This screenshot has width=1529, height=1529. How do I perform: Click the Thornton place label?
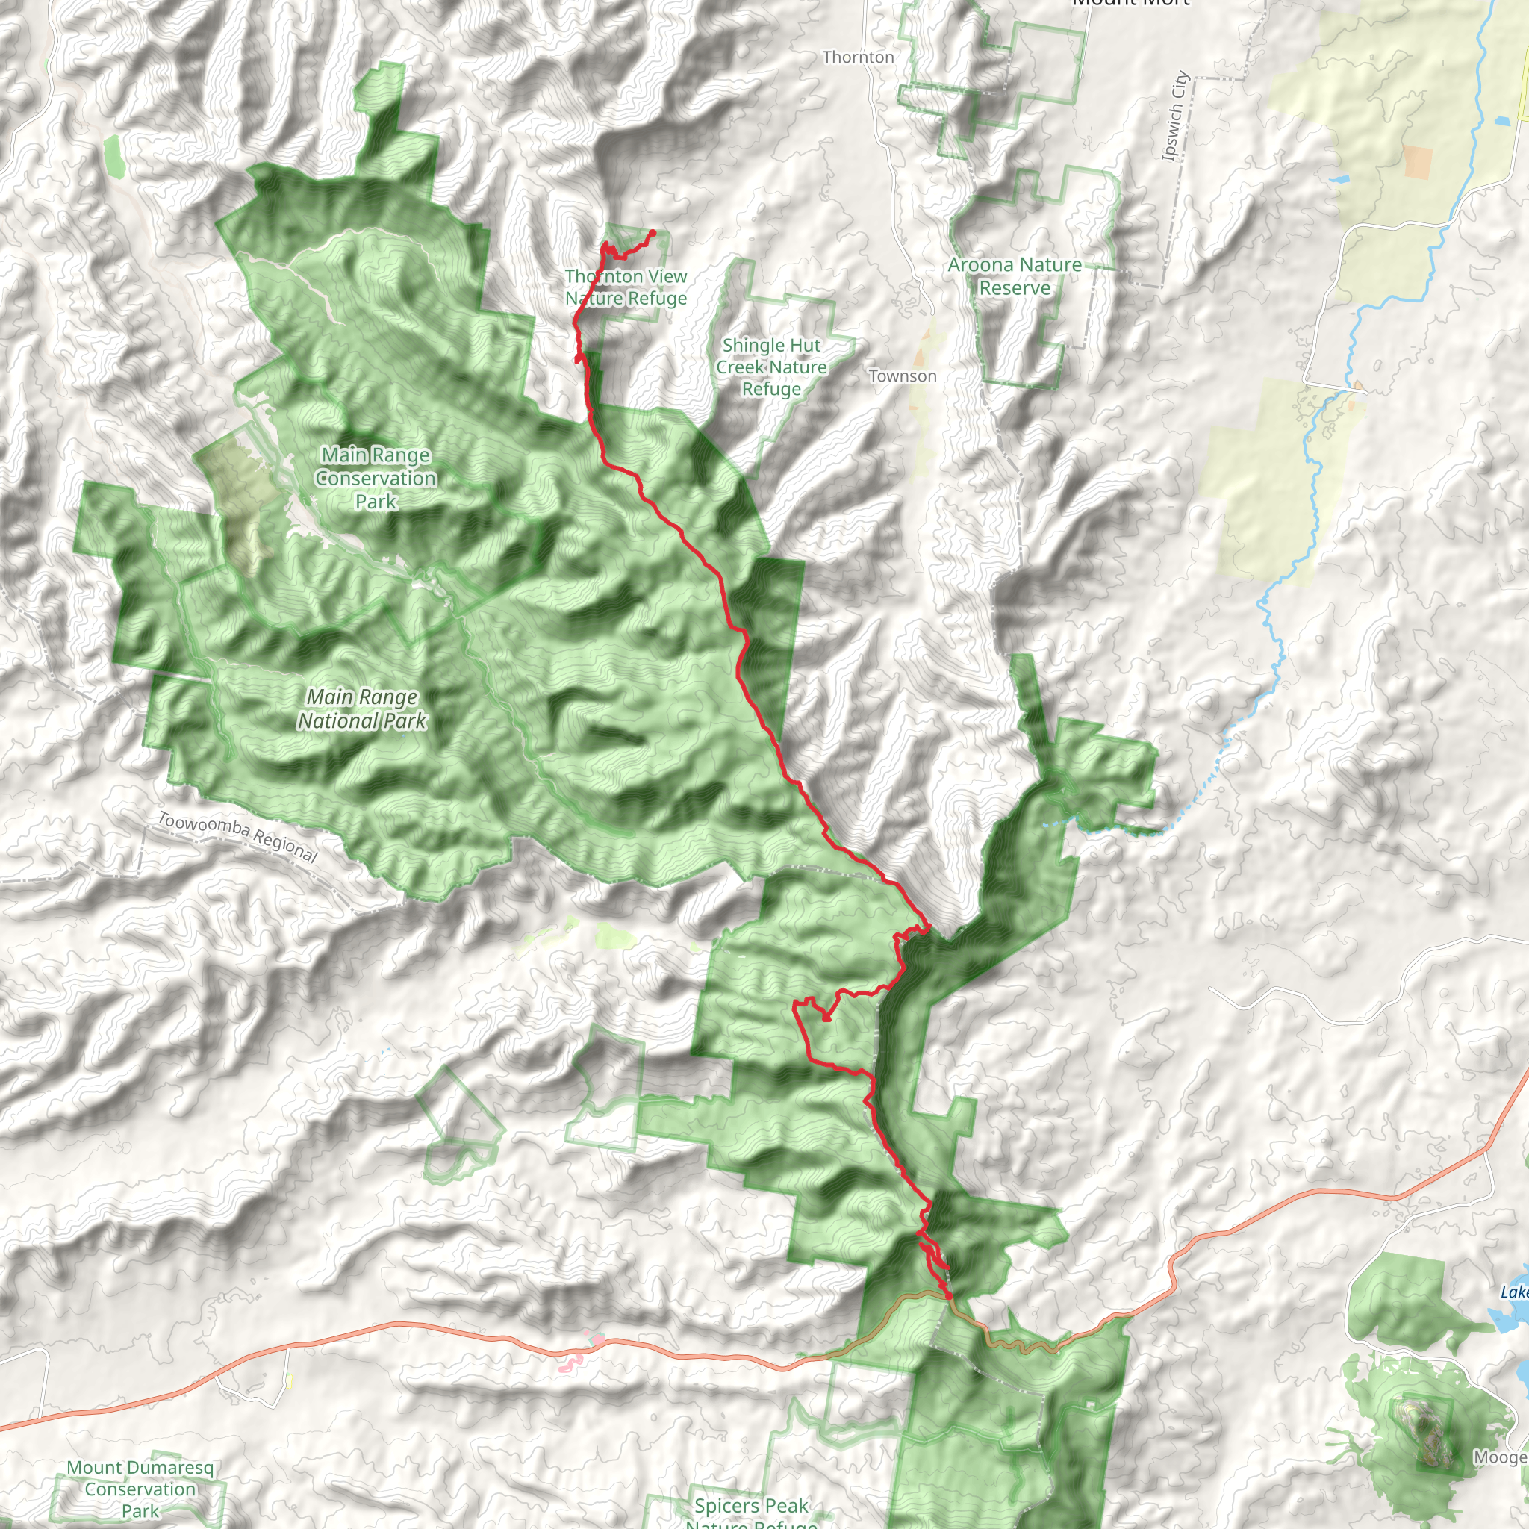[x=858, y=57]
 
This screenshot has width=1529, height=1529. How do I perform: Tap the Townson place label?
[x=902, y=376]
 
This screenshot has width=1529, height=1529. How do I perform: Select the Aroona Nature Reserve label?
[x=1015, y=275]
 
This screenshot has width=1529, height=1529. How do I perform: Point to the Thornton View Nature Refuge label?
[x=626, y=287]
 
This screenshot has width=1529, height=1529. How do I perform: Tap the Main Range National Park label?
[x=362, y=709]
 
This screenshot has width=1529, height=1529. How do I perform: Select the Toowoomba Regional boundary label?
[x=237, y=836]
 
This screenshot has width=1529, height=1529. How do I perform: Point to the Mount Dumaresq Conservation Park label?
[x=140, y=1489]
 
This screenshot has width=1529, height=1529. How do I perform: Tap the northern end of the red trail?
[x=653, y=232]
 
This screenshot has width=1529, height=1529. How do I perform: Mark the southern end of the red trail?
[x=950, y=1298]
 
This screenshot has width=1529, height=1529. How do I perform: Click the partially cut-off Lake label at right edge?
[x=1515, y=1292]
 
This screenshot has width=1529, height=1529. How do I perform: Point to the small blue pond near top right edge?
[x=1502, y=121]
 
